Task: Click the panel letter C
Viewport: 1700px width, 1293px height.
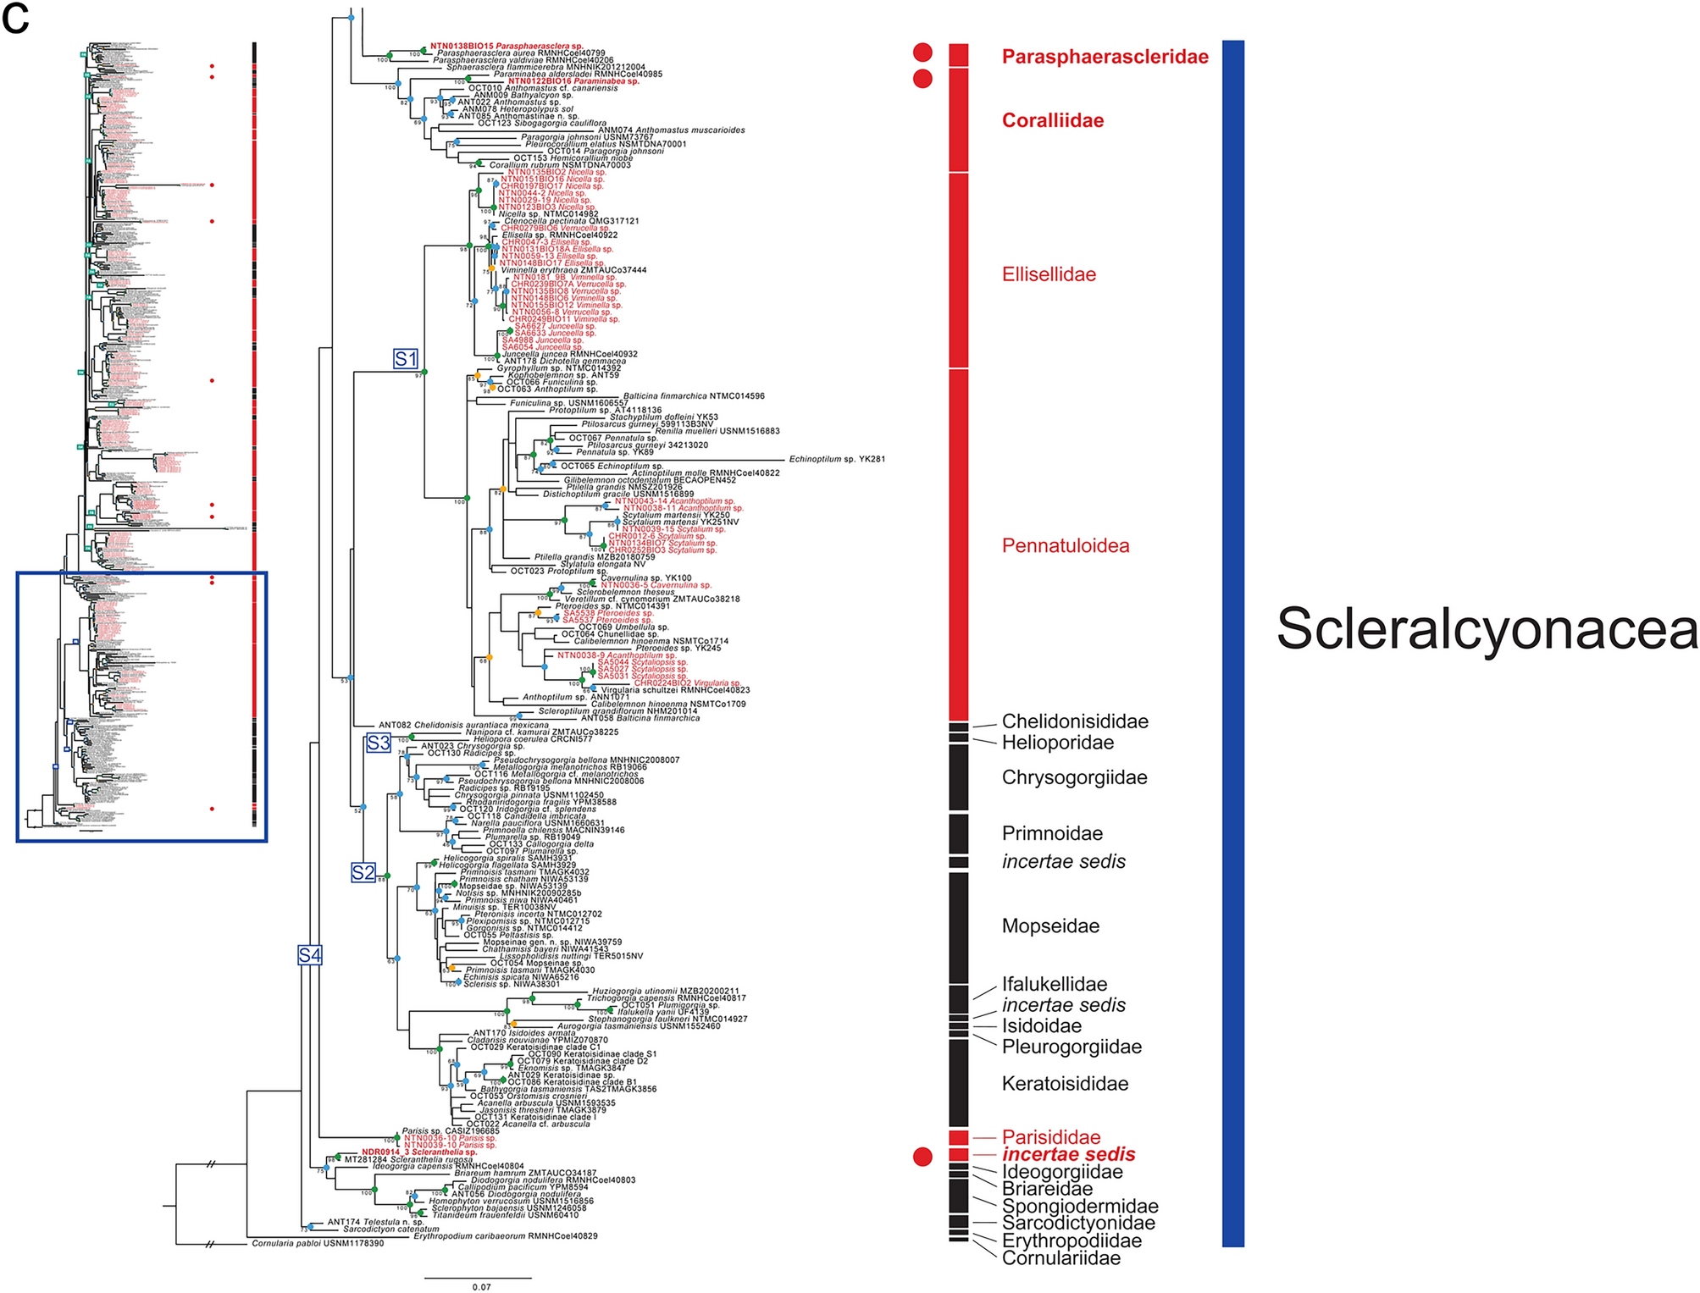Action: pyautogui.click(x=15, y=18)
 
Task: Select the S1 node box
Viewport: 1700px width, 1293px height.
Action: pyautogui.click(x=406, y=358)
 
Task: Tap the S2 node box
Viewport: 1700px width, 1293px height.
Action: pyautogui.click(x=363, y=872)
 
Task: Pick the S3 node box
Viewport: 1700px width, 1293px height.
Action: pyautogui.click(x=378, y=743)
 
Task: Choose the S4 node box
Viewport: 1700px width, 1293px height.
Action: pyautogui.click(x=310, y=955)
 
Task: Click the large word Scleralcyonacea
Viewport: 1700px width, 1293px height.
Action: pyautogui.click(x=1487, y=629)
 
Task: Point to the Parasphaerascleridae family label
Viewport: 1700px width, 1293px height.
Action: pyautogui.click(x=1105, y=57)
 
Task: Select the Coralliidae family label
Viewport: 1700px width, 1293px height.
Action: pyautogui.click(x=1053, y=120)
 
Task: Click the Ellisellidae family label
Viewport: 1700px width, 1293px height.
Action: pyautogui.click(x=1049, y=274)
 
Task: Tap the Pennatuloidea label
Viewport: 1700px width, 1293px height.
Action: pyautogui.click(x=1066, y=545)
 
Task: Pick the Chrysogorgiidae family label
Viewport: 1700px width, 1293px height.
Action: pyautogui.click(x=1074, y=777)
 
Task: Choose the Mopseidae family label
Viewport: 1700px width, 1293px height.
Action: pyautogui.click(x=1050, y=926)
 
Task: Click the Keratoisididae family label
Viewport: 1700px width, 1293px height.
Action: pyautogui.click(x=1065, y=1083)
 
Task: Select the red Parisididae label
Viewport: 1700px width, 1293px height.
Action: pyautogui.click(x=1051, y=1137)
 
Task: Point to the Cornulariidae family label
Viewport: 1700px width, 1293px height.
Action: pyautogui.click(x=1060, y=1258)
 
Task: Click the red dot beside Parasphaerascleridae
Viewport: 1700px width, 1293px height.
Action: pyautogui.click(x=922, y=52)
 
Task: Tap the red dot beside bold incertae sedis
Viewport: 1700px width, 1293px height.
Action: pyautogui.click(x=922, y=1156)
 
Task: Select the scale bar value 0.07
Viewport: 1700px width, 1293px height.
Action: pyautogui.click(x=481, y=1287)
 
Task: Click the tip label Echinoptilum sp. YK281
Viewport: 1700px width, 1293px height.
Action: pyautogui.click(x=837, y=459)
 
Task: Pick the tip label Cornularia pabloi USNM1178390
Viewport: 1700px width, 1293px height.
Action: pyautogui.click(x=318, y=1244)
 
